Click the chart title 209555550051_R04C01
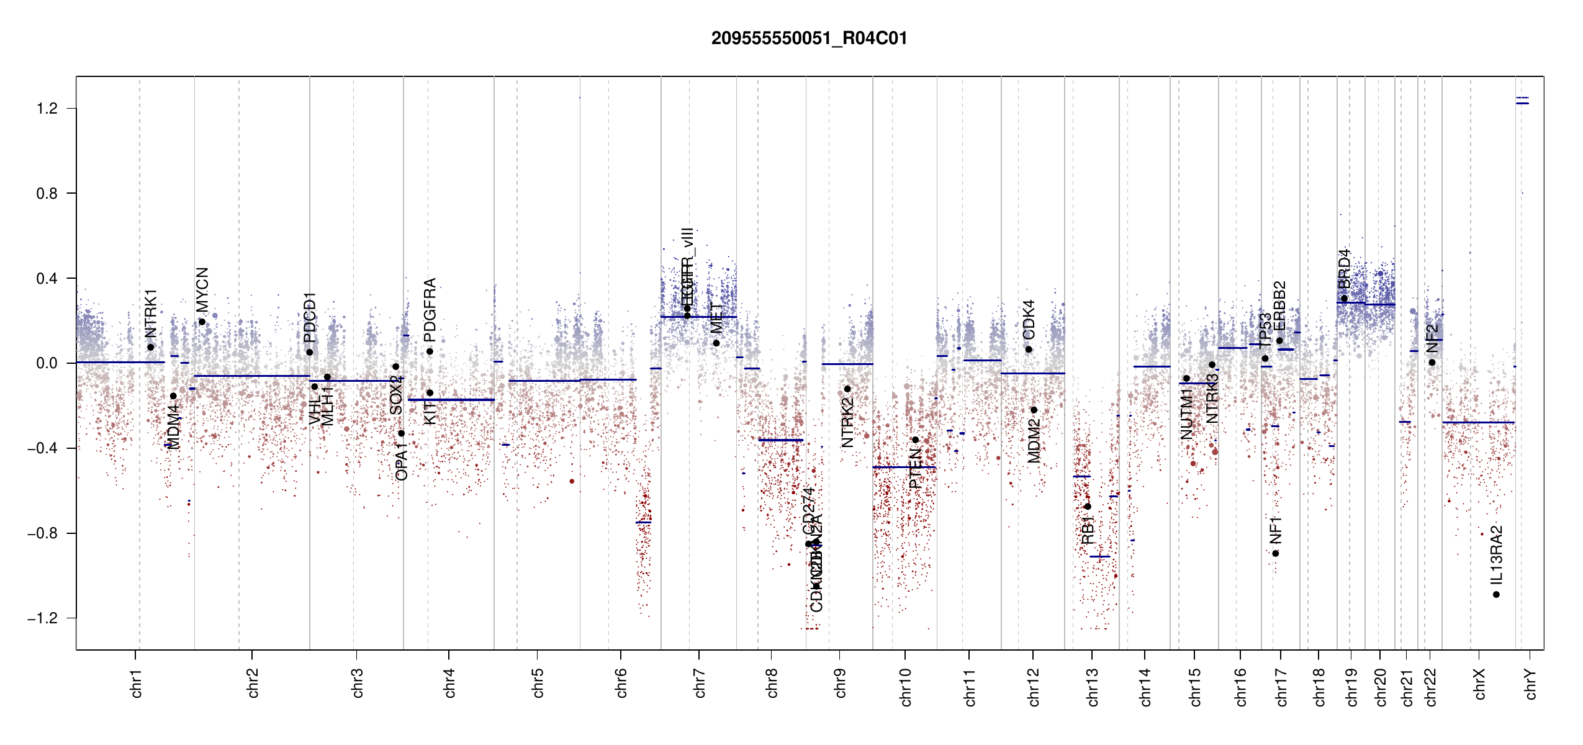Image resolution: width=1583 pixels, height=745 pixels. [809, 38]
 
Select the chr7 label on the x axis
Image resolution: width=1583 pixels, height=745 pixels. [700, 683]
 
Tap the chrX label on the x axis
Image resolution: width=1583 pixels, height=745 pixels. [1479, 684]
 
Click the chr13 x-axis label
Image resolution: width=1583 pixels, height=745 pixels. [1093, 687]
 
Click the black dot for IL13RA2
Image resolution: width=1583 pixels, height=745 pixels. [1496, 595]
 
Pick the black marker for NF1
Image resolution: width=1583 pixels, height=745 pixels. [1275, 553]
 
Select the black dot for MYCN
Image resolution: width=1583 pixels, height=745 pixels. [202, 322]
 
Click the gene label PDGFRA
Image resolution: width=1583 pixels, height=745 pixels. [430, 310]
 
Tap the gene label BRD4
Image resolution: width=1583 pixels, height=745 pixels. [1344, 268]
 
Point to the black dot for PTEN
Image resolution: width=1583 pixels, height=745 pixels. [915, 440]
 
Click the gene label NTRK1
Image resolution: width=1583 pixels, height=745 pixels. [151, 313]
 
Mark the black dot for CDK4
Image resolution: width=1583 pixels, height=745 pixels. [1029, 350]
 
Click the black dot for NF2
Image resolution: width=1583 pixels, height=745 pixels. [1432, 363]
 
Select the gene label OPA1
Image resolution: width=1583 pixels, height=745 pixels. [402, 461]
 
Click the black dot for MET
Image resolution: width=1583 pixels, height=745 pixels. [716, 343]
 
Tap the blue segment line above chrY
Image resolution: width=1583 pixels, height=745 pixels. [1522, 103]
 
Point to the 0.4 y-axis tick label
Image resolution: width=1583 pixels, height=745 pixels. [47, 278]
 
